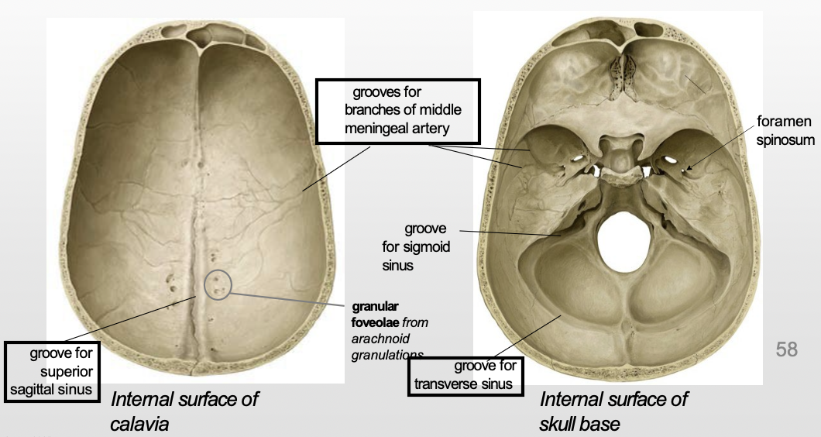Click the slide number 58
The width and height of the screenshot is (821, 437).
pyautogui.click(x=786, y=349)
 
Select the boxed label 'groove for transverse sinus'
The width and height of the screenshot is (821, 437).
pyautogui.click(x=465, y=375)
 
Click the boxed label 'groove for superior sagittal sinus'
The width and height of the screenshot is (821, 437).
pyautogui.click(x=54, y=372)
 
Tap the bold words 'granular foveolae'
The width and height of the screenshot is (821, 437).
pyautogui.click(x=377, y=312)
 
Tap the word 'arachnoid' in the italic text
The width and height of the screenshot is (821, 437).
pyautogui.click(x=380, y=339)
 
